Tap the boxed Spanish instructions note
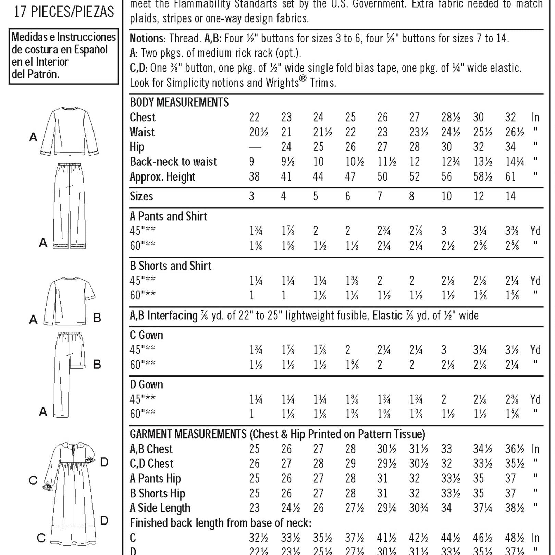[x=64, y=56]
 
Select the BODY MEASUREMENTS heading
[x=179, y=102]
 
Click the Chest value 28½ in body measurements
[x=451, y=118]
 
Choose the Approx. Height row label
[x=162, y=177]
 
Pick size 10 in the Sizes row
[x=446, y=196]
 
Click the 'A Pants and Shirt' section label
[x=168, y=217]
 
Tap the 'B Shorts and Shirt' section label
[x=170, y=266]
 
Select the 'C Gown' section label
[x=146, y=335]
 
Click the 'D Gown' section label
[x=146, y=385]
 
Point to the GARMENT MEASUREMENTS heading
[x=188, y=434]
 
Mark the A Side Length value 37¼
[x=482, y=508]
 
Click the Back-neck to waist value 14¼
[x=515, y=162]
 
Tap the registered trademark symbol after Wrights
[x=303, y=80]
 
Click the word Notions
[x=147, y=38]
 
